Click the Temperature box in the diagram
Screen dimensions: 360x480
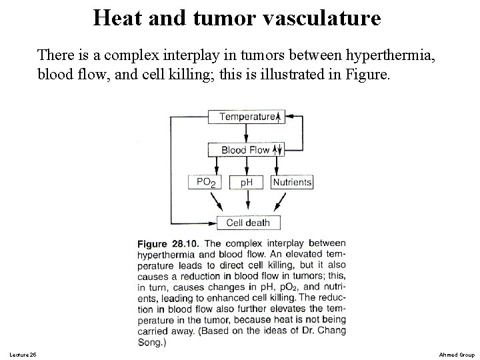pyautogui.click(x=247, y=117)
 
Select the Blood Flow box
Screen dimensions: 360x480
pyautogui.click(x=247, y=150)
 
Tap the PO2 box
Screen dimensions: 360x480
pyautogui.click(x=207, y=182)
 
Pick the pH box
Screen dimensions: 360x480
pyautogui.click(x=247, y=182)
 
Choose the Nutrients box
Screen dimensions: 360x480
pyautogui.click(x=292, y=182)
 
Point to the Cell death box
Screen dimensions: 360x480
pyautogui.click(x=249, y=223)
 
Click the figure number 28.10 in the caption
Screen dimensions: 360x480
pyautogui.click(x=191, y=244)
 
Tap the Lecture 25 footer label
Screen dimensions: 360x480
pyautogui.click(x=24, y=353)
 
